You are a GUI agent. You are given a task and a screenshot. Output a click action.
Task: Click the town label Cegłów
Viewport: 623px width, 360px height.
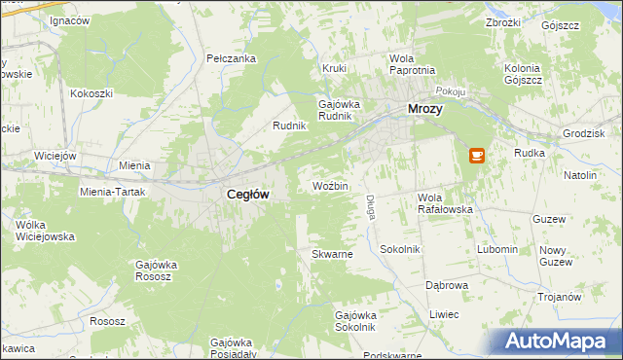tap(247, 194)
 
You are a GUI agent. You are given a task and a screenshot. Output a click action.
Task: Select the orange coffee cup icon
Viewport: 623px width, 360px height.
tap(476, 155)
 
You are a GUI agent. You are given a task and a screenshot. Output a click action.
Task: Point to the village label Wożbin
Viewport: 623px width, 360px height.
tap(330, 185)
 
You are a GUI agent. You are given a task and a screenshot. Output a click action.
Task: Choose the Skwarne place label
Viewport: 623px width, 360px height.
tap(331, 254)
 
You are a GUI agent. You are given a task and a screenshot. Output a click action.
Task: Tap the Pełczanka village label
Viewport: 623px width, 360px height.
tap(232, 58)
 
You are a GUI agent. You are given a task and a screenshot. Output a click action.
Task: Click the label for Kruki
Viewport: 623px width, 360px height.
tap(335, 69)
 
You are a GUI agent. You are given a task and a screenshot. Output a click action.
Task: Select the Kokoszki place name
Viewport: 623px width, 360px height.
tap(92, 93)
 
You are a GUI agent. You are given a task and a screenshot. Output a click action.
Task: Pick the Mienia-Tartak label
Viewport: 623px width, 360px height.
tap(113, 192)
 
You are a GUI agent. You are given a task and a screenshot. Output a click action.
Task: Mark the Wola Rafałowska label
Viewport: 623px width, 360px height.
tap(445, 202)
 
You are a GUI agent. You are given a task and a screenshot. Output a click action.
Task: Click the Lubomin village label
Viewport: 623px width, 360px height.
tap(497, 249)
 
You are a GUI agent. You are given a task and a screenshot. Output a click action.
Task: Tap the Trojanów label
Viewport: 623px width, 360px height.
tap(561, 297)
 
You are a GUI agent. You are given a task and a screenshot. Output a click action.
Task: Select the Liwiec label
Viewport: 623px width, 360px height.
tap(444, 314)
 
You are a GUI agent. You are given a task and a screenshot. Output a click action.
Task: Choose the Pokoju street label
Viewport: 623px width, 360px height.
tap(449, 90)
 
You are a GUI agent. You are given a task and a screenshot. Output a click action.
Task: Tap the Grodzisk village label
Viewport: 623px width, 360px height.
tap(584, 133)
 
